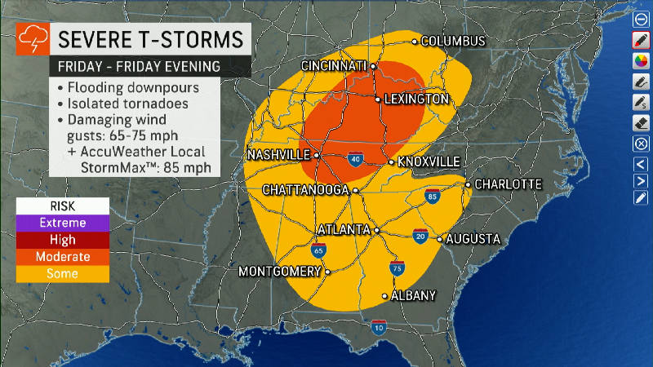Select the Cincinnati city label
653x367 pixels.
click(335, 66)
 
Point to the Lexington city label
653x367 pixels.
click(416, 99)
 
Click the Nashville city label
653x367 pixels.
click(278, 154)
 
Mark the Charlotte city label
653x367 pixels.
click(508, 183)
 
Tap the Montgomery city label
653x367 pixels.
click(279, 272)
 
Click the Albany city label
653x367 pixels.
click(415, 295)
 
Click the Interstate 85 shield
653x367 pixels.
click(432, 196)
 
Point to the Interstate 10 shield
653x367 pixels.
click(378, 328)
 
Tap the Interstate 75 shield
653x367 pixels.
click(396, 268)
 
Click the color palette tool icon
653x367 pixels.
click(641, 60)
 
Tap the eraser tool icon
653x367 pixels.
click(641, 122)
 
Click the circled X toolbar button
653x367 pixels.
click(641, 143)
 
